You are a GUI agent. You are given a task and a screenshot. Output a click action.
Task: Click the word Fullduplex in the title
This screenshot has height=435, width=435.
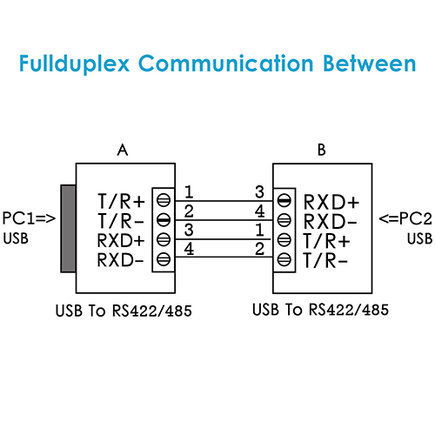(74, 64)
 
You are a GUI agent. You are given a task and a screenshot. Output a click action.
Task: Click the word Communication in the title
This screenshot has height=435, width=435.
(226, 63)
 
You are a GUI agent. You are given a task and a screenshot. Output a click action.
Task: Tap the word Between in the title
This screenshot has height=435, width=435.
(370, 63)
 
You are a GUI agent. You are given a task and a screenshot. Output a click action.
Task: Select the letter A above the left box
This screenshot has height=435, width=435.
(123, 150)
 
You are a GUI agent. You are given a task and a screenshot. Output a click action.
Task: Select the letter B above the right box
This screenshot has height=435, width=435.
(322, 150)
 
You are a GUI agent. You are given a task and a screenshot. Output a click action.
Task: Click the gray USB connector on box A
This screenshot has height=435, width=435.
(68, 229)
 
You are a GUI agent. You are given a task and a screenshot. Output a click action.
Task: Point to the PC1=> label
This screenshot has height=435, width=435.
(29, 218)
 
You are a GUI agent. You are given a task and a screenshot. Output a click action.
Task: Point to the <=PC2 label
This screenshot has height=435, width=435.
(405, 218)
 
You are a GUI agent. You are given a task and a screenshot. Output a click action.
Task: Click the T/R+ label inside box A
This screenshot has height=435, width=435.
(121, 201)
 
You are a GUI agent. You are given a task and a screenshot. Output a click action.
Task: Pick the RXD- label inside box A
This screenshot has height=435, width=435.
(121, 260)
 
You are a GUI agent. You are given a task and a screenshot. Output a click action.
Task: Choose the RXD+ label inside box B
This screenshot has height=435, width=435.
(331, 202)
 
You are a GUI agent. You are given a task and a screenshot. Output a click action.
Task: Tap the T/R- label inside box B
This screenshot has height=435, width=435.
(325, 260)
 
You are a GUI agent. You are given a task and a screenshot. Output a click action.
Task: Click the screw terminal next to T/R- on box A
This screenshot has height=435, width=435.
(164, 220)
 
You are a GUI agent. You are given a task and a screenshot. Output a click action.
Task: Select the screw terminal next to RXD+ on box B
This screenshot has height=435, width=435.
(284, 200)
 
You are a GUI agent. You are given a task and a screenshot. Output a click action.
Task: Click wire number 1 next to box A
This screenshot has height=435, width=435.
(189, 192)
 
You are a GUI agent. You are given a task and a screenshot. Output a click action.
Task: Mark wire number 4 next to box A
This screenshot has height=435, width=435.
(189, 249)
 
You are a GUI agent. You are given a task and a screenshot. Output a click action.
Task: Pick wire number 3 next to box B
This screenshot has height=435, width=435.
(259, 192)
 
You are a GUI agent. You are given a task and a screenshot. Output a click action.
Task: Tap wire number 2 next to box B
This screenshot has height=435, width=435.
(259, 249)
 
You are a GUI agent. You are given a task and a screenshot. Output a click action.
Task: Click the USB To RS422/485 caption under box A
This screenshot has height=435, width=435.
(124, 311)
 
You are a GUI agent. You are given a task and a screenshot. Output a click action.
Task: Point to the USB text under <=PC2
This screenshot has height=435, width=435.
(419, 239)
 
